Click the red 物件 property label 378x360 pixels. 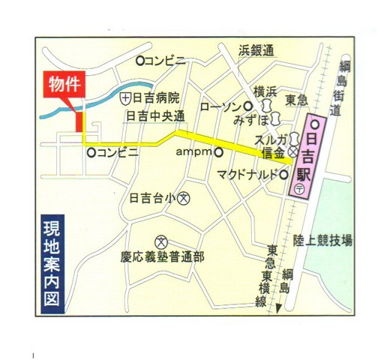pyautogui.click(x=65, y=83)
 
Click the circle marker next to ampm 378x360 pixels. pyautogui.click(x=218, y=152)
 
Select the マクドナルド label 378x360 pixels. pyautogui.click(x=247, y=175)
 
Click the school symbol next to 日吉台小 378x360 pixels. pyautogui.click(x=184, y=199)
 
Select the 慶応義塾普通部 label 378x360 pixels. pyautogui.click(x=162, y=256)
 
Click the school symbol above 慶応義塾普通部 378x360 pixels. pyautogui.click(x=160, y=238)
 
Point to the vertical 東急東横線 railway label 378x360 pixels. pyautogui.click(x=262, y=274)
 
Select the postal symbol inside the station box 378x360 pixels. pyautogui.click(x=298, y=190)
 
